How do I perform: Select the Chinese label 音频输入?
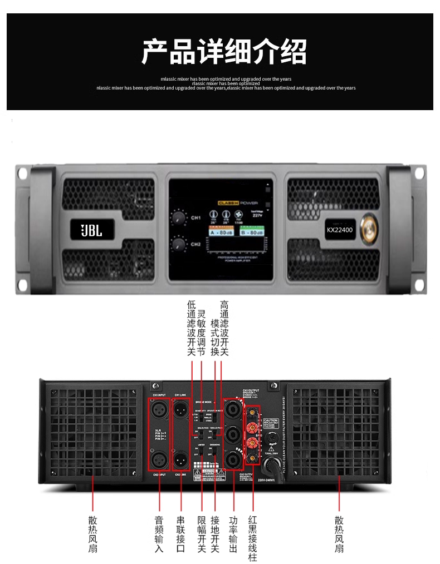[159, 534]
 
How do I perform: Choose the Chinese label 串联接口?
[180, 534]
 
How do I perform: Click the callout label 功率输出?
[233, 534]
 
